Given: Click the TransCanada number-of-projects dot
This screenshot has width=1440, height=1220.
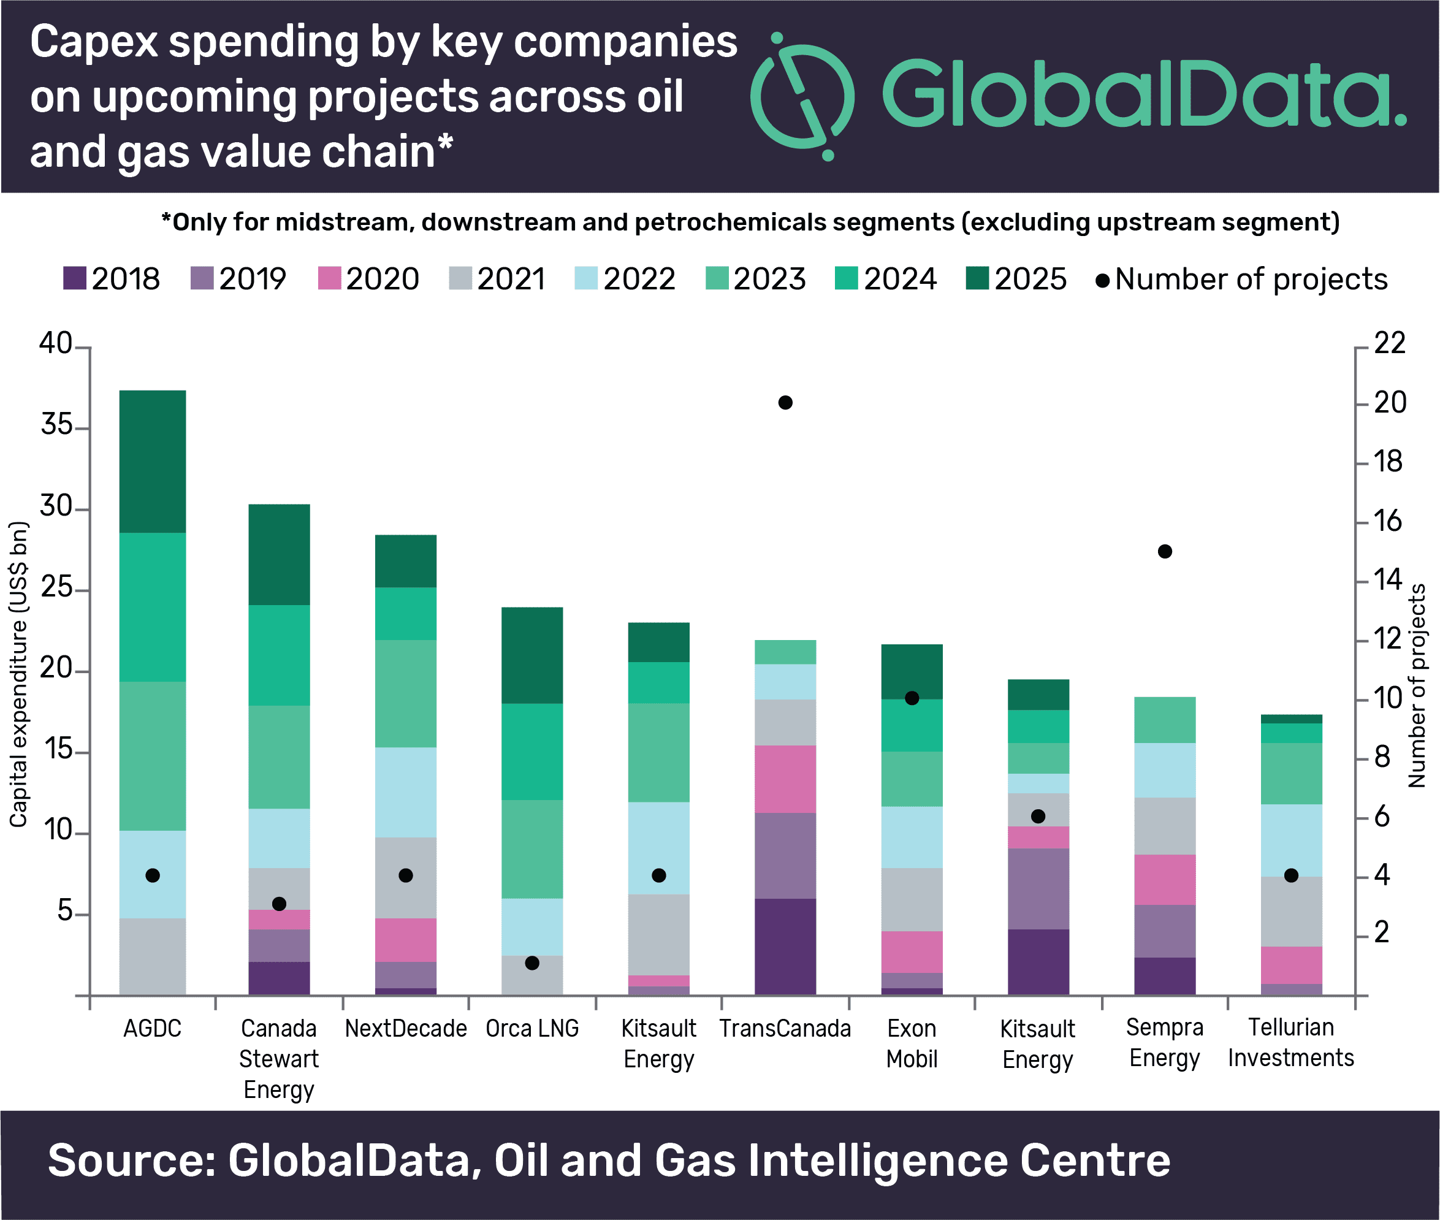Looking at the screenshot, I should click(785, 403).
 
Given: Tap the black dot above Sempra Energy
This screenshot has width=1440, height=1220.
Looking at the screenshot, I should click(1165, 551).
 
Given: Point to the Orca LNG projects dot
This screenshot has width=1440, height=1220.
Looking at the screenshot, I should click(532, 963).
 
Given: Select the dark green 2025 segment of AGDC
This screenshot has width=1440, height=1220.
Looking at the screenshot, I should click(152, 461).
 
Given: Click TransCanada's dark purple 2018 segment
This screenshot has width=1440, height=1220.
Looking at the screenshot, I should click(785, 946).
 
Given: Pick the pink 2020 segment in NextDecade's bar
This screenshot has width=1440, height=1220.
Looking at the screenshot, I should click(405, 940).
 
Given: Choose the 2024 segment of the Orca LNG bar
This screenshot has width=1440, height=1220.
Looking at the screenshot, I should click(532, 752).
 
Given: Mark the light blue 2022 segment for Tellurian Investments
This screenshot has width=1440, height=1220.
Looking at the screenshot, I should click(1290, 841).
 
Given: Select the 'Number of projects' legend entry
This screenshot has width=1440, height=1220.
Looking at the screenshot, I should click(1242, 280).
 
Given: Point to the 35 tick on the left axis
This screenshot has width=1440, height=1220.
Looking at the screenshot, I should click(57, 425).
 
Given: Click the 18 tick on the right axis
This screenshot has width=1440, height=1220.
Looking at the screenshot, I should click(1387, 462).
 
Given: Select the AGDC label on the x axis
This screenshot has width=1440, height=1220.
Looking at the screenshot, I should click(152, 1029).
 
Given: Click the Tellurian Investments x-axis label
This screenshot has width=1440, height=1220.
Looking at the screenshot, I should click(1290, 1042).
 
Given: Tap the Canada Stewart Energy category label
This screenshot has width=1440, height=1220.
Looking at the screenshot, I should click(279, 1058).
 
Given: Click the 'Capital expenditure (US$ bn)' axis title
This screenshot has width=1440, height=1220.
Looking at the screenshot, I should click(18, 674).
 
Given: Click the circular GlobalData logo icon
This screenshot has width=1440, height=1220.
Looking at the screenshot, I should click(802, 96).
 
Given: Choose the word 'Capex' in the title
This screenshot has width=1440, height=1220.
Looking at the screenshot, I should click(94, 42).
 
